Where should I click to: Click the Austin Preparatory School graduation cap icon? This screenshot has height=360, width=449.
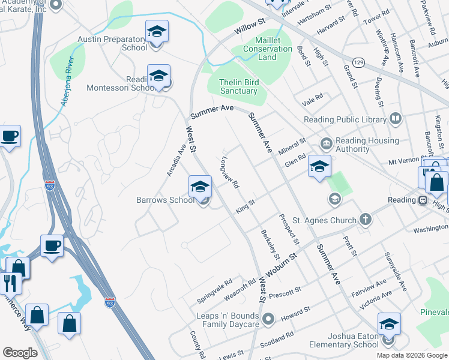tap(157, 31)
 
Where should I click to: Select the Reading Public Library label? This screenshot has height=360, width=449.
tap(345, 119)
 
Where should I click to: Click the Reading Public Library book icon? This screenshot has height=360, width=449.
tap(395, 119)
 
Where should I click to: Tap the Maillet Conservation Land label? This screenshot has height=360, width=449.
tap(268, 49)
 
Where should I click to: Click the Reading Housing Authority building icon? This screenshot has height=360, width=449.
tap(326, 143)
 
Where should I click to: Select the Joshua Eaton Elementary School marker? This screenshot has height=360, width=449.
tap(389, 325)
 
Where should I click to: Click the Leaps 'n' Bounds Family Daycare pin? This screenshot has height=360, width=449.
tap(268, 318)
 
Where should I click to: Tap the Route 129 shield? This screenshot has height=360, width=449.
tap(358, 62)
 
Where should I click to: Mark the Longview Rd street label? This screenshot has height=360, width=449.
tap(230, 173)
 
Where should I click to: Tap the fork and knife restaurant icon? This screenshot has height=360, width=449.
tap(10, 281)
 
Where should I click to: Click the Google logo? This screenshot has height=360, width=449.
tap(20, 353)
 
